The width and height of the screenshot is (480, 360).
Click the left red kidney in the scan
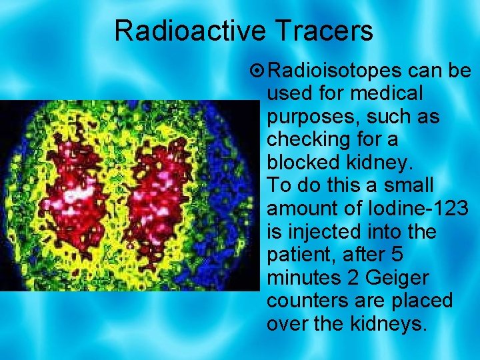point(77,193)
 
